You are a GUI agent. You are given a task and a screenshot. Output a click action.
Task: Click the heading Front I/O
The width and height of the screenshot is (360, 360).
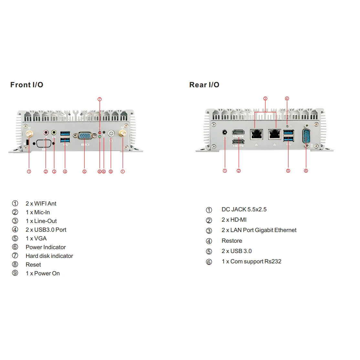27,85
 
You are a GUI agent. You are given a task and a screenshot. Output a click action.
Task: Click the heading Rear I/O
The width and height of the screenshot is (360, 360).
204,85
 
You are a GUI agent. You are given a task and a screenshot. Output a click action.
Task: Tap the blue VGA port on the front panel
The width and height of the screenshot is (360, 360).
85,136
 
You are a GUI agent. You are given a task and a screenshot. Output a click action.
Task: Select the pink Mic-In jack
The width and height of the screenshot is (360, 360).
46,132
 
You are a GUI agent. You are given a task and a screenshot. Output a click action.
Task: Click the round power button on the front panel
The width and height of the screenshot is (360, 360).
111,133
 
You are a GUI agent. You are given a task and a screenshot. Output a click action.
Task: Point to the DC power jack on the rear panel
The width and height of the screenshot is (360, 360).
225,132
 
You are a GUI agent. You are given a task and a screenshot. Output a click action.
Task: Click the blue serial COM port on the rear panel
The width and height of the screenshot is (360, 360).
306,136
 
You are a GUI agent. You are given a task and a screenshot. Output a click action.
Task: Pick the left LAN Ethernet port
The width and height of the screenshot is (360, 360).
256,133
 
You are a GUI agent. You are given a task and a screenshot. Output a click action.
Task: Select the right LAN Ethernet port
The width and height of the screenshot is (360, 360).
275,133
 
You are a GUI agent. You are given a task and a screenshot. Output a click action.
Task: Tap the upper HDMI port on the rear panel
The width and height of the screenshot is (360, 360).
238,132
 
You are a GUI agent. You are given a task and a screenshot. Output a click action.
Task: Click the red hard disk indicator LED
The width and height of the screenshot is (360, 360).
100,132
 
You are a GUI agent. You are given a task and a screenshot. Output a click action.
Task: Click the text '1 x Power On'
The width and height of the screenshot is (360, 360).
43,273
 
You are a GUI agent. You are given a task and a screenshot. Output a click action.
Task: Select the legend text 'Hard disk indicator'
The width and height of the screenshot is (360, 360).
49,256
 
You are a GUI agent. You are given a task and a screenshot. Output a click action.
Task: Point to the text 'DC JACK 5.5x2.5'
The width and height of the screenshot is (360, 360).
244,209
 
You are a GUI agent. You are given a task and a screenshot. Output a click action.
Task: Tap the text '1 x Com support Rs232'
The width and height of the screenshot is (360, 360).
251,261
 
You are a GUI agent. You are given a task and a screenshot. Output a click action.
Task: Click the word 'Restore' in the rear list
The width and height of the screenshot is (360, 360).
232,241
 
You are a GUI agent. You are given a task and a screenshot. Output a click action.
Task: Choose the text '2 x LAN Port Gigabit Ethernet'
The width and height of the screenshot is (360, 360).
259,230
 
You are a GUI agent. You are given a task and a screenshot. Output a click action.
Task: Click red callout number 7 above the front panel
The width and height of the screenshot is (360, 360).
100,99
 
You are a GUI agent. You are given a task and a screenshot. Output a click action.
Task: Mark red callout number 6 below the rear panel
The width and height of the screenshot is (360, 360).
306,171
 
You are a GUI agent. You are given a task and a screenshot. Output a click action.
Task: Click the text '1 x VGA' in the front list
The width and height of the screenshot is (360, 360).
36,238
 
